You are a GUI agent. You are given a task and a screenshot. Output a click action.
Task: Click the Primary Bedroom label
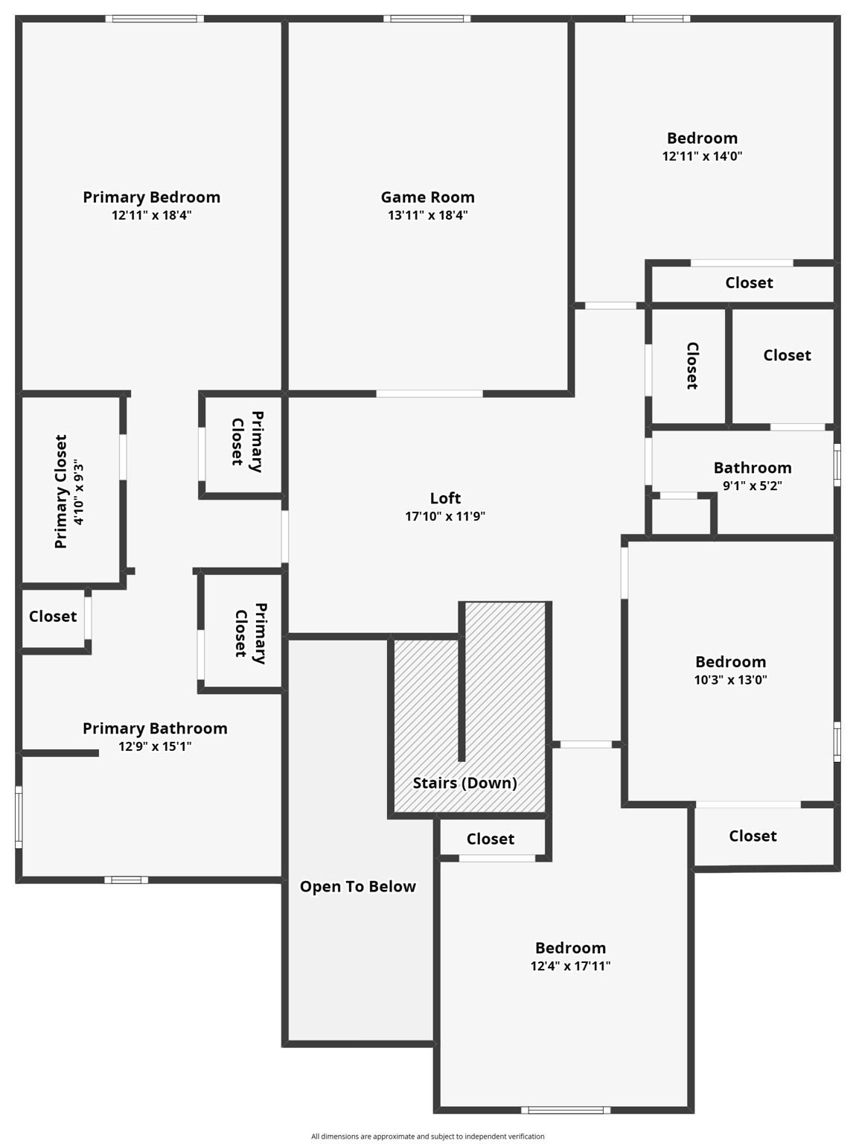coord(151,197)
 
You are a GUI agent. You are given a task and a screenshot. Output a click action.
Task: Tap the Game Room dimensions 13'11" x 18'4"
coord(427,216)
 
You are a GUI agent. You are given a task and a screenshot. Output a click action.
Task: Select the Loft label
coord(445,498)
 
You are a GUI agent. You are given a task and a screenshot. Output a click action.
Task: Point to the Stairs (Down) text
coord(464,783)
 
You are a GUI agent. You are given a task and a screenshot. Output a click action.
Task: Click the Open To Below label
coord(357,886)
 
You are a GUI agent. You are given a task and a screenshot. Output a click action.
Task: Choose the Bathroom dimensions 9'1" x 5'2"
coord(752,486)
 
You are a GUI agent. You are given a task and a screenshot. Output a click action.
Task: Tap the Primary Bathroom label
coord(155,728)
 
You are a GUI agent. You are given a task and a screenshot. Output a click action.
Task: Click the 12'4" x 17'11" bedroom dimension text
coord(570,967)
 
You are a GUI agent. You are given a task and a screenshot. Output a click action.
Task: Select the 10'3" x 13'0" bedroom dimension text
coord(730,680)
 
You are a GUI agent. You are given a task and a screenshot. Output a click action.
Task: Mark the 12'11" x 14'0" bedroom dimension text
coord(702,156)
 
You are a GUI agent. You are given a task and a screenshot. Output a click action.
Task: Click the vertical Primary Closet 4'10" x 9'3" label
coord(68,492)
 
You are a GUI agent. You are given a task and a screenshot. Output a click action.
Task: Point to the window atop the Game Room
coord(427,19)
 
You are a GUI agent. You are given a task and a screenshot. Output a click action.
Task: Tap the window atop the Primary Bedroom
coord(154,19)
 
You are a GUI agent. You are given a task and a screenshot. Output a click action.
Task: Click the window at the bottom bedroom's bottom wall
coord(566,1110)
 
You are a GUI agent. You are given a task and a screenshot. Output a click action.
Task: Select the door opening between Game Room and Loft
coord(429,393)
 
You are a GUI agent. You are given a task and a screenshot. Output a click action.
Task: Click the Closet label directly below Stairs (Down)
coord(491,839)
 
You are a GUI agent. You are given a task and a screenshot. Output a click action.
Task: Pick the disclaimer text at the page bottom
coord(427,1137)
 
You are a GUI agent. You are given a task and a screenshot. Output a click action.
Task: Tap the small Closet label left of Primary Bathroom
coord(53,617)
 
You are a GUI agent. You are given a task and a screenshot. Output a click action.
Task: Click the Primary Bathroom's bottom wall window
coord(126,880)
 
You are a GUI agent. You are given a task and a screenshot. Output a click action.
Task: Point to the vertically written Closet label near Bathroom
coord(691,366)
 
